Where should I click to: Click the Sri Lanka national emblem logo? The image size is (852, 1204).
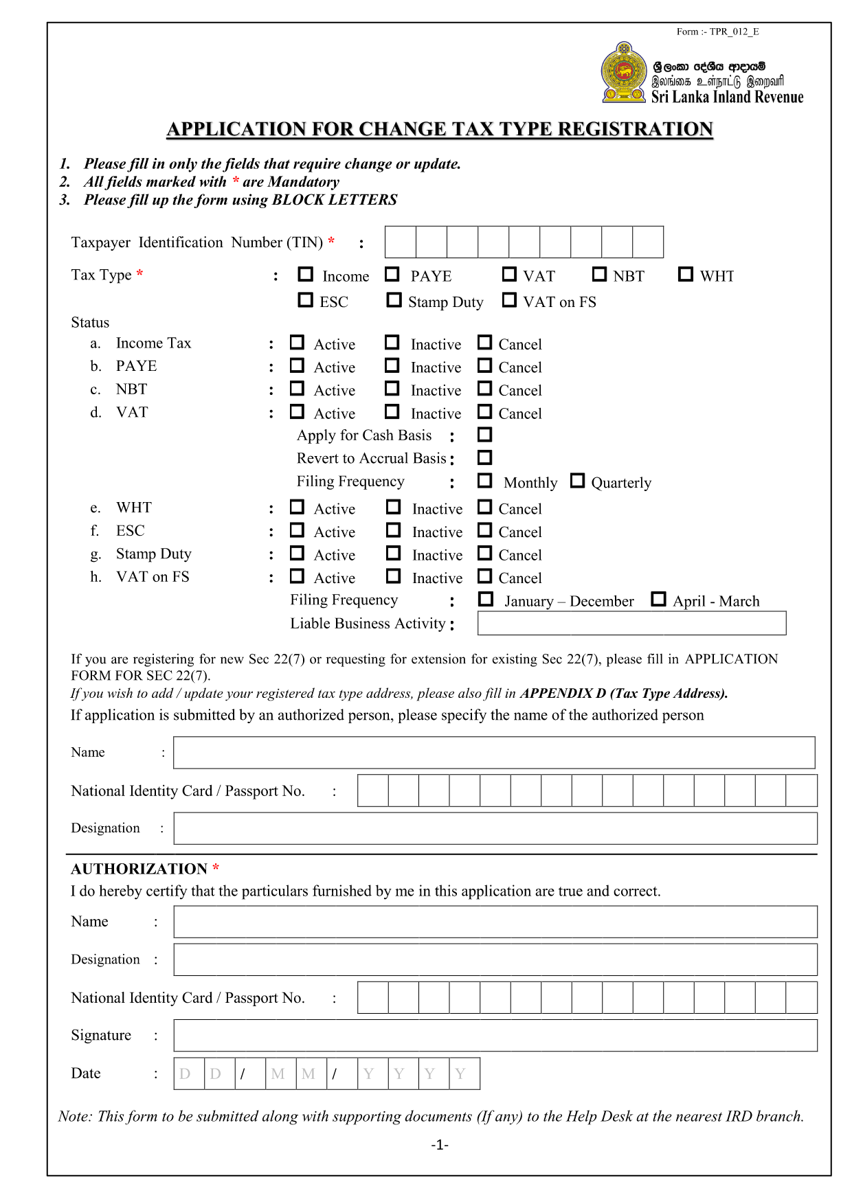pyautogui.click(x=624, y=73)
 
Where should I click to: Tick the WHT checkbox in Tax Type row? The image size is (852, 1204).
pyautogui.click(x=685, y=274)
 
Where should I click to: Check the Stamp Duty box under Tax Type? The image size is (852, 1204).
pyautogui.click(x=394, y=300)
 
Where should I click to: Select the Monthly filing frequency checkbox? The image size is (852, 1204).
pyautogui.click(x=485, y=481)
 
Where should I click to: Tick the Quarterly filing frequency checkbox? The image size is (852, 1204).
pyautogui.click(x=578, y=481)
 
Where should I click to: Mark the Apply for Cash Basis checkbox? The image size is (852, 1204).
pyautogui.click(x=485, y=434)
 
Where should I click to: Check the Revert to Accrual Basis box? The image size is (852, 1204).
pyautogui.click(x=485, y=457)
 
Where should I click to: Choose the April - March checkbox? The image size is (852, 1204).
pyautogui.click(x=658, y=600)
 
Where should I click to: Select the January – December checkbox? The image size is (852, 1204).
pyautogui.click(x=486, y=600)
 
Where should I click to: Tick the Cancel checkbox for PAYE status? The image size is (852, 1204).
pyautogui.click(x=485, y=365)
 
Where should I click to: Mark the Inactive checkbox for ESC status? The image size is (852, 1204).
pyautogui.click(x=394, y=530)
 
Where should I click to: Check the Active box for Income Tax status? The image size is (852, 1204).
pyautogui.click(x=297, y=342)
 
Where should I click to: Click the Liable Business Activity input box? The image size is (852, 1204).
pyautogui.click(x=631, y=623)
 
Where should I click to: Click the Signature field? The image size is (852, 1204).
pyautogui.click(x=495, y=1035)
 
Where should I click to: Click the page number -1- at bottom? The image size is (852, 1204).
pyautogui.click(x=440, y=1144)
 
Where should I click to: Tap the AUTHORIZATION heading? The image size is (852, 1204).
pyautogui.click(x=139, y=869)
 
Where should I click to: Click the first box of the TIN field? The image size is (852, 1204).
pyautogui.click(x=401, y=242)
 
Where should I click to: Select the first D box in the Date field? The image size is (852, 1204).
pyautogui.click(x=189, y=1074)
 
